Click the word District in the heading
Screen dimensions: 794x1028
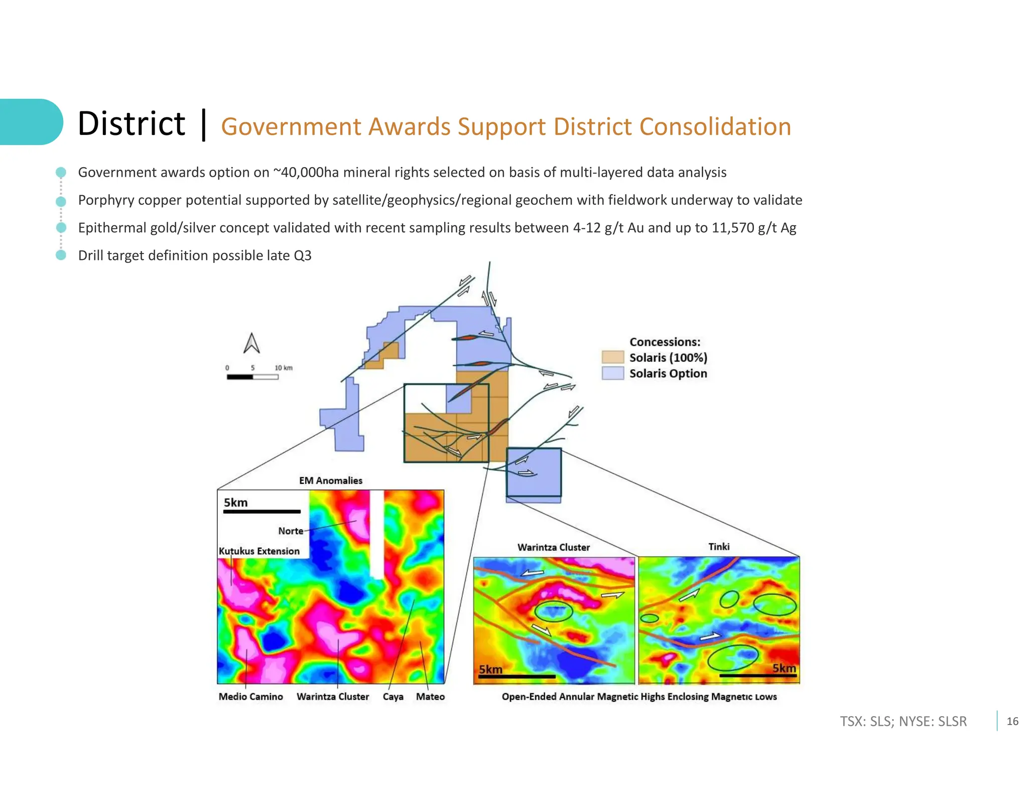pos(132,123)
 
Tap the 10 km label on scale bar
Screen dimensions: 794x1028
pos(283,368)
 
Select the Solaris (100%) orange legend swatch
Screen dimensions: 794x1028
pos(612,357)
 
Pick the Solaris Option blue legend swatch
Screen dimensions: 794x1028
pos(612,373)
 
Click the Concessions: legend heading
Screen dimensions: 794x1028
pos(665,342)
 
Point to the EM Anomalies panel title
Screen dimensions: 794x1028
pos(330,480)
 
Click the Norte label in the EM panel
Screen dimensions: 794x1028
pos(291,531)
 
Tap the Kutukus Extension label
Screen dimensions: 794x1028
pos(259,551)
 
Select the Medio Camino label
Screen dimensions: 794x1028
pos(250,696)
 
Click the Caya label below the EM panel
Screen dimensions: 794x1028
pos(393,697)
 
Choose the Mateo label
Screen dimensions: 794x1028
pos(430,696)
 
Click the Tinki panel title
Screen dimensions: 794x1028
pos(719,547)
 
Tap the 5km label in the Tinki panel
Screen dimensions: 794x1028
pos(784,668)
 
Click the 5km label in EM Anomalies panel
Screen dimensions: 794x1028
pos(235,502)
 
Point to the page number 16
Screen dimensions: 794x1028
pos(1012,721)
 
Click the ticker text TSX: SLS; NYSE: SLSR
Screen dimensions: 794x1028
pos(903,721)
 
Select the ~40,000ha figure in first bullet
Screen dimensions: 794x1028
pos(306,172)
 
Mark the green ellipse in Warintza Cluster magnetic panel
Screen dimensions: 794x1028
pos(553,611)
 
